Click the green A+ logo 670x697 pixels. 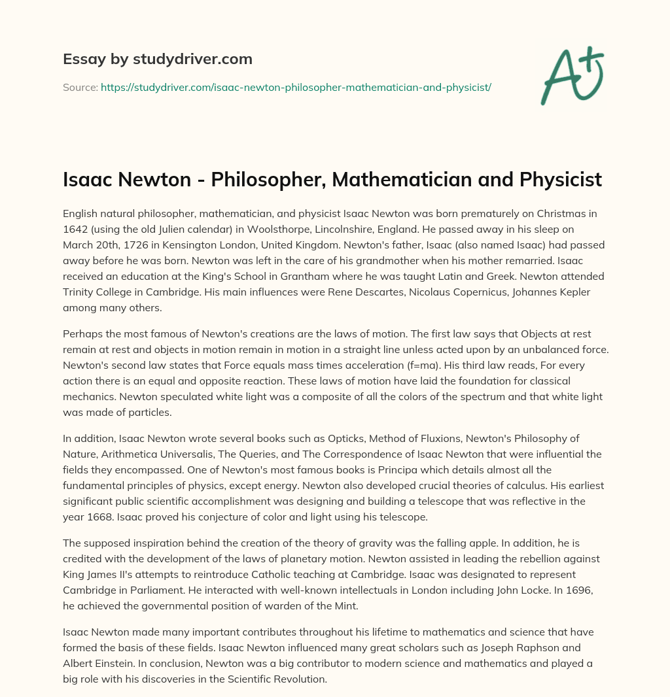(572, 75)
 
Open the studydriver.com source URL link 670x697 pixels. (296, 87)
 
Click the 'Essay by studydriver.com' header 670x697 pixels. (157, 59)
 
